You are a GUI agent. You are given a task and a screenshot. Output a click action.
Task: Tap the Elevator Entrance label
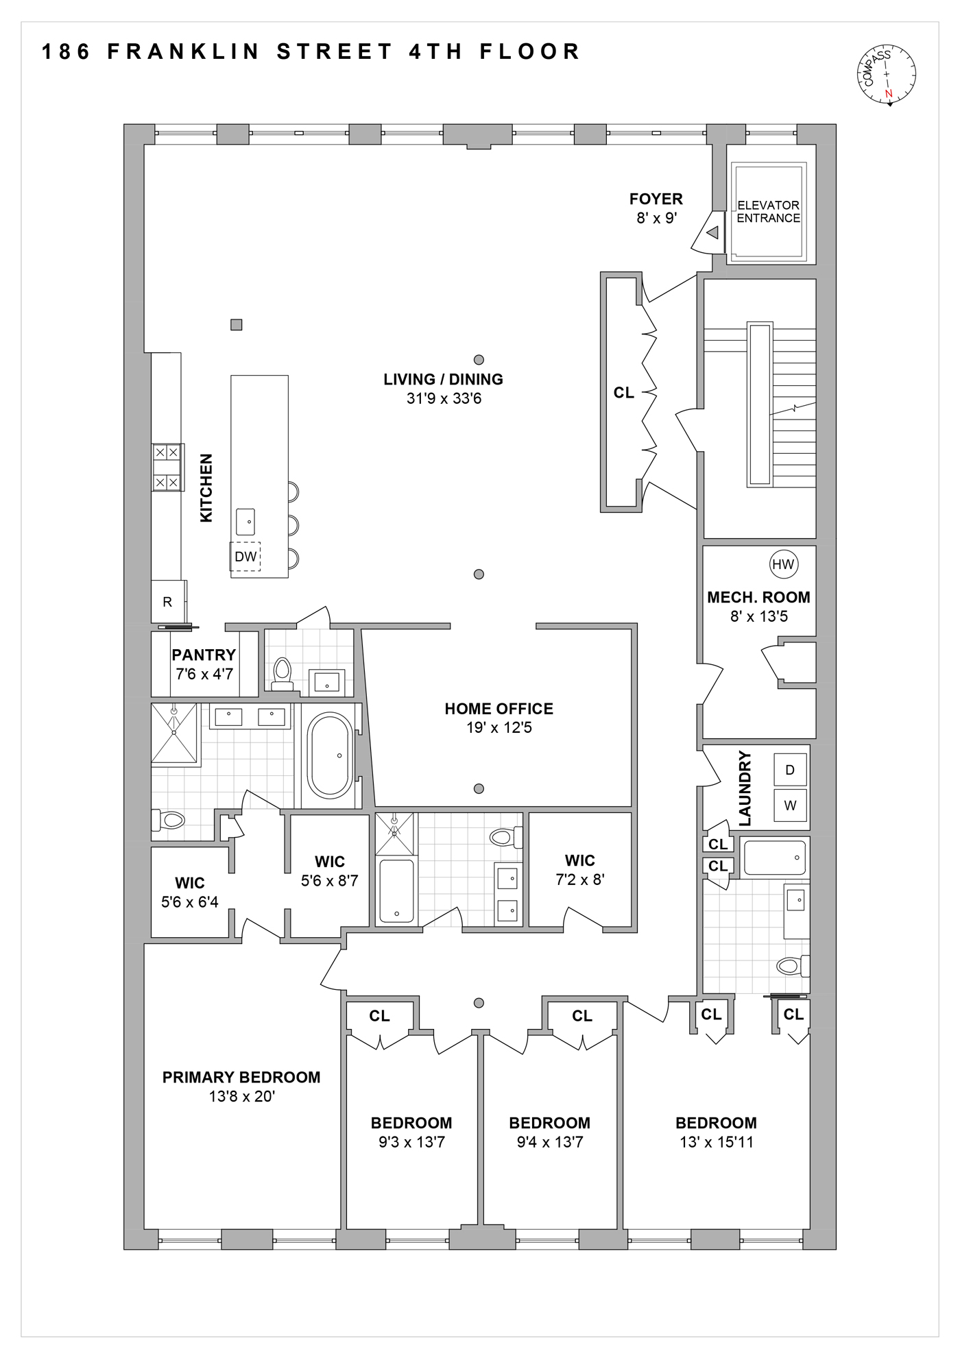coord(768,211)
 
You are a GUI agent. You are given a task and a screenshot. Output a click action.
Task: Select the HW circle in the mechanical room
coord(783,564)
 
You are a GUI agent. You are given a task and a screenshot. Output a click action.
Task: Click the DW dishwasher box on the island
coord(245,557)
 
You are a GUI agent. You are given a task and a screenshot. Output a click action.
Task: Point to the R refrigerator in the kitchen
coord(167,602)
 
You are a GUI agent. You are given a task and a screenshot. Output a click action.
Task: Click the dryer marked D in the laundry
coord(790,770)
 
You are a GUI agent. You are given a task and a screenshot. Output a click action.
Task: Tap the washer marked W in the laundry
coord(790,805)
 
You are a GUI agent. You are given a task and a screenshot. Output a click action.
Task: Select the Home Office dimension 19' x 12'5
coord(499,728)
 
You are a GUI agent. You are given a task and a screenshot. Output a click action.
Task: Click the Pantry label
coord(204,655)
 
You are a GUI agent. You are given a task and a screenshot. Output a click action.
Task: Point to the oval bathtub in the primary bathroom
coord(331,755)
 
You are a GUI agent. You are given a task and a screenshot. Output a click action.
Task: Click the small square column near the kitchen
coord(236,325)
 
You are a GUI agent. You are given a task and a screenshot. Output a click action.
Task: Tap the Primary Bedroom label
coord(241,1078)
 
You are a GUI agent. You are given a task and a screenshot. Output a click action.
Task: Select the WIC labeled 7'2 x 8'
coord(580,870)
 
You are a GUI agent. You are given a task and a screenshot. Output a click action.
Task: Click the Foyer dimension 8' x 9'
coord(656,219)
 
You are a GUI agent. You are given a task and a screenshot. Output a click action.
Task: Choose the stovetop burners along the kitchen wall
coord(167,468)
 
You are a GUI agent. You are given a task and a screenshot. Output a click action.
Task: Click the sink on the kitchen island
coord(245,522)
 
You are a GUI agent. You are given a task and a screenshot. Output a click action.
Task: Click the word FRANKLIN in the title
coord(184,52)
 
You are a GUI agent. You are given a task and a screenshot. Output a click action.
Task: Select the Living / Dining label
coord(443,379)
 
